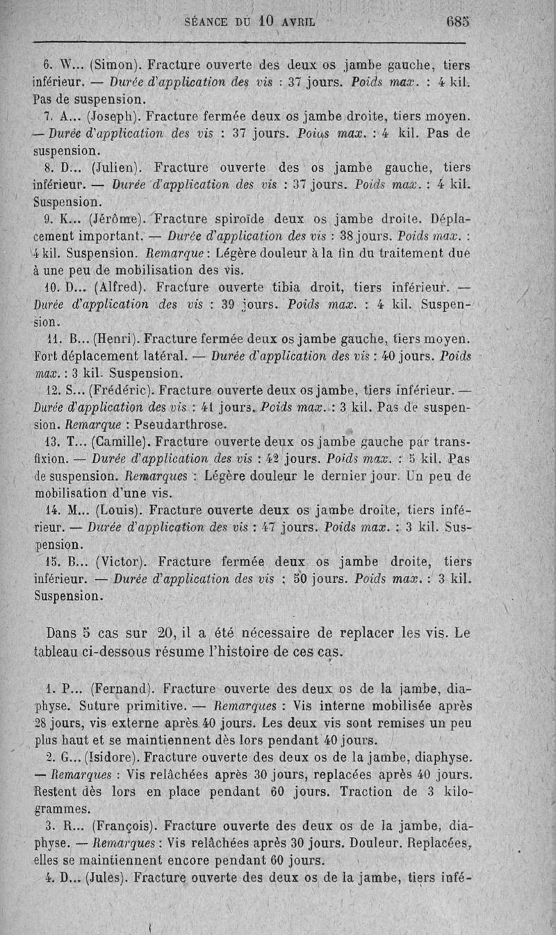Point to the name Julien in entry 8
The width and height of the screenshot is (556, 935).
tap(116, 168)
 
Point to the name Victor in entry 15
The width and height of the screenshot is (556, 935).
tap(116, 561)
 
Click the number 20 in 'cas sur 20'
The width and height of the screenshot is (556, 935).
tap(165, 633)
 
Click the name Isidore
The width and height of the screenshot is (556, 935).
tap(115, 757)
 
